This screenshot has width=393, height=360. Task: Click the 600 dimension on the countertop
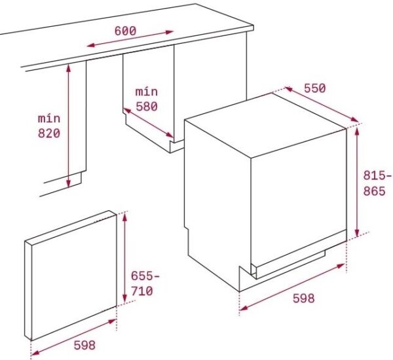[125, 31]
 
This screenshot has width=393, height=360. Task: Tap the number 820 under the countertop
[49, 134]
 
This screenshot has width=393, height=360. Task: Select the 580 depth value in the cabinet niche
[147, 107]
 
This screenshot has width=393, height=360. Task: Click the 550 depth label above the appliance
[315, 88]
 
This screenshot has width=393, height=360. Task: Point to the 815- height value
[377, 175]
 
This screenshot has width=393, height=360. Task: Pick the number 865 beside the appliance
[374, 191]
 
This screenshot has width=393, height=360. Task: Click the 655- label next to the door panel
[145, 276]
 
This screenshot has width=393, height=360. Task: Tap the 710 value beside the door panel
[142, 291]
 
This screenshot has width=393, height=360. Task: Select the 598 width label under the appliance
[303, 298]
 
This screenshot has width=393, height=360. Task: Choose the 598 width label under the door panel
[84, 345]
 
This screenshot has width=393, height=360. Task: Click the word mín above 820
[49, 118]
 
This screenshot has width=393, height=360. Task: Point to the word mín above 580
[147, 92]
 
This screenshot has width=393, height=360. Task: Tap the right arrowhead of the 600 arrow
[170, 32]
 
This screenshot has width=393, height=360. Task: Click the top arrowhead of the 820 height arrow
[68, 67]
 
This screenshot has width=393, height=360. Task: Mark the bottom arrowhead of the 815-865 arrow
[357, 233]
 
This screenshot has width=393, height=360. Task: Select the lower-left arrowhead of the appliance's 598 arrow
[244, 308]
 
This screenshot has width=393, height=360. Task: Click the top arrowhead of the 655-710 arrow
[124, 217]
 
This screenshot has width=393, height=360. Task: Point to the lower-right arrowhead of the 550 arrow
[354, 120]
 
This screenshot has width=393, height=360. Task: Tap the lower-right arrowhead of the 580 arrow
[170, 135]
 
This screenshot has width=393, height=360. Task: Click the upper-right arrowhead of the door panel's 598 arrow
[112, 321]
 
